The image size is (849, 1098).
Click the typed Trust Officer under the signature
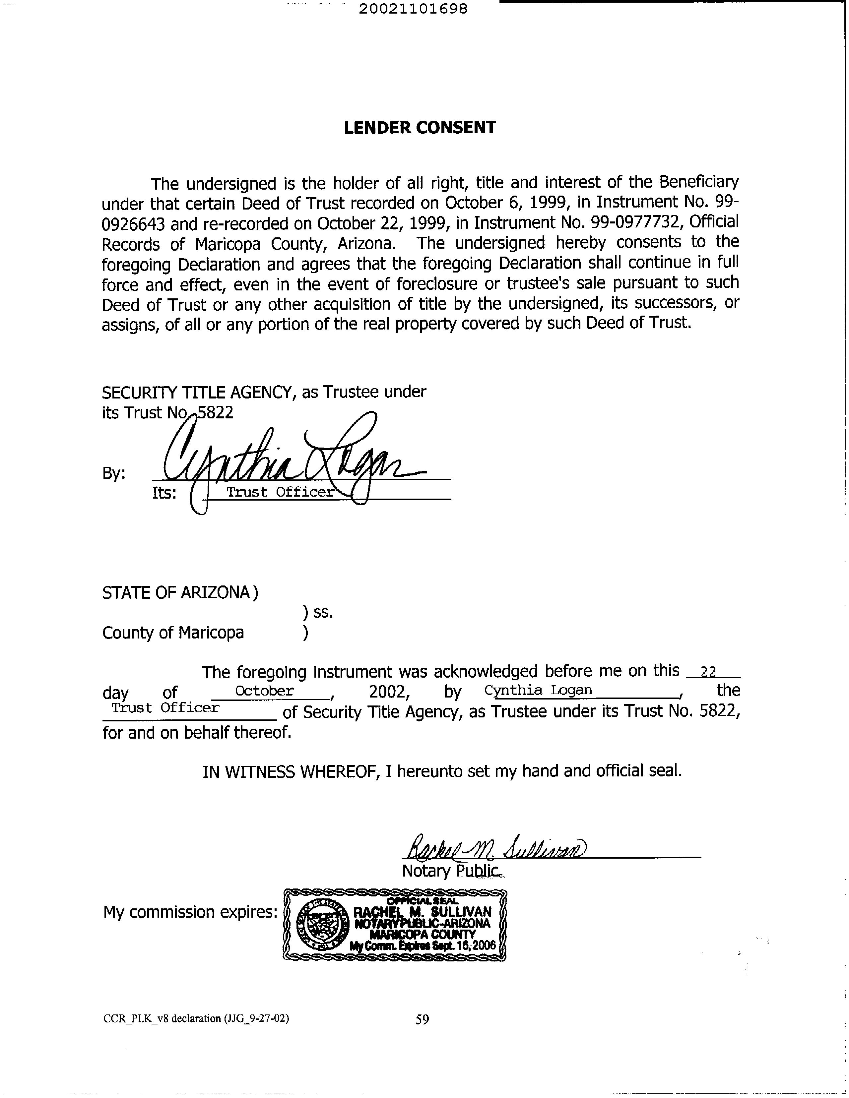[280, 492]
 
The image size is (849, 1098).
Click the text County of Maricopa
[173, 633]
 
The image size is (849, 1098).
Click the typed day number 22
[708, 672]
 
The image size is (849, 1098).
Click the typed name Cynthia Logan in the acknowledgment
[538, 690]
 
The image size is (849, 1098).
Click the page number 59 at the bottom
[422, 1019]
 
